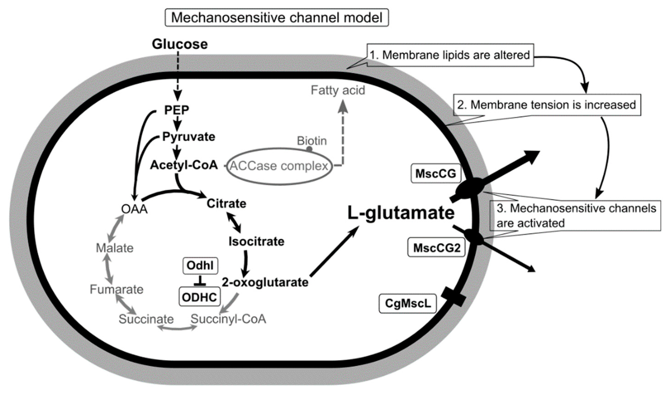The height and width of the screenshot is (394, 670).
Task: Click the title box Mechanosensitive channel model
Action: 277,18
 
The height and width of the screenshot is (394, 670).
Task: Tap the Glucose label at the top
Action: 180,44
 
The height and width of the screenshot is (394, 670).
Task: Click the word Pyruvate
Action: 189,137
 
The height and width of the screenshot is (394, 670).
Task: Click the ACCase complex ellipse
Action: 279,166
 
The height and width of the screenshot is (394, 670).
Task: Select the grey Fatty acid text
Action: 338,91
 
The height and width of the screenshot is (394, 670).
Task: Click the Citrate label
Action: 227,204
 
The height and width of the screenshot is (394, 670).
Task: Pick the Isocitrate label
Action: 256,242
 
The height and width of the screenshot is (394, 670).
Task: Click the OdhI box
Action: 200,265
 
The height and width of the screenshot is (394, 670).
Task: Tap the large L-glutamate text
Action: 401,213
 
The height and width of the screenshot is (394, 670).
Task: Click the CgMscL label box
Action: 408,303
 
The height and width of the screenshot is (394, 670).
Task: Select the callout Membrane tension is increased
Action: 546,105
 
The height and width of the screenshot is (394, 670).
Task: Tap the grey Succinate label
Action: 146,319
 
